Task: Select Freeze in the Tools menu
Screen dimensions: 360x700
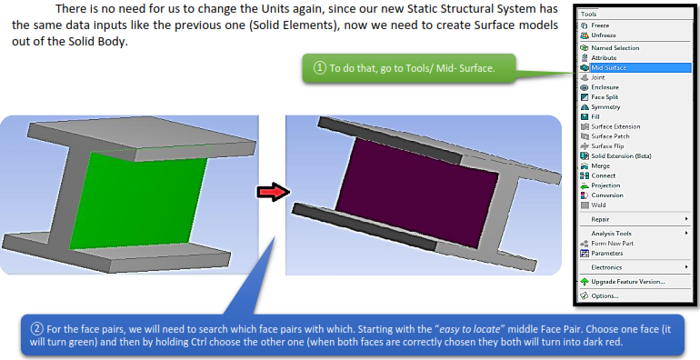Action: tap(602, 25)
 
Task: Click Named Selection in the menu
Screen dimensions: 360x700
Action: tap(615, 47)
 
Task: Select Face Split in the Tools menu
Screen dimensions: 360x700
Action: tap(605, 97)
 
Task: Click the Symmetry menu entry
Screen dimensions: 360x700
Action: tap(606, 107)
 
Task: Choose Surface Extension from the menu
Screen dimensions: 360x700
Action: tap(615, 126)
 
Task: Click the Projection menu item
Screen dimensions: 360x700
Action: tap(606, 185)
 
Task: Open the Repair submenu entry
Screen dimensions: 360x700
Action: tap(602, 219)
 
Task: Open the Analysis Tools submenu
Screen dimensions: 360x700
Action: tap(611, 234)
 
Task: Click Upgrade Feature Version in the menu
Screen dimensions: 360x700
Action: tap(627, 281)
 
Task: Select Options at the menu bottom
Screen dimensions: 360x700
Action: tap(605, 295)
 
